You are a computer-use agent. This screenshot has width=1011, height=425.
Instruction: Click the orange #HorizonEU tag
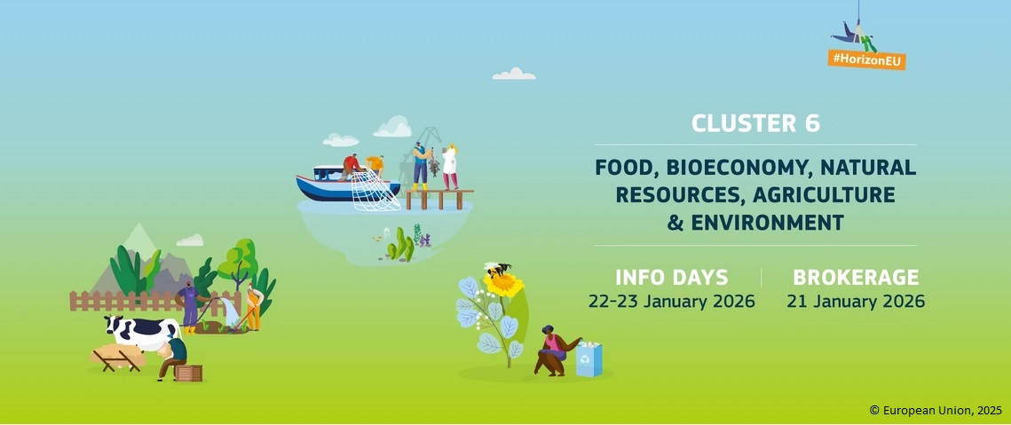866,59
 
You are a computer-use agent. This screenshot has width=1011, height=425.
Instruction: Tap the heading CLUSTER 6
755,123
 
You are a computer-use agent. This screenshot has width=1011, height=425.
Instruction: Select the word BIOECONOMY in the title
734,168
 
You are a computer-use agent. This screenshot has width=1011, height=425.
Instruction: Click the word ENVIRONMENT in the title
767,223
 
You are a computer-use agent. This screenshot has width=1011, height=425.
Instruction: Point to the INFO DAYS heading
671,278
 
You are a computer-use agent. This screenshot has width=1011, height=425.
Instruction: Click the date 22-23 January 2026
671,301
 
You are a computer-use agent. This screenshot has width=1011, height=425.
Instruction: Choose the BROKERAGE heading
856,278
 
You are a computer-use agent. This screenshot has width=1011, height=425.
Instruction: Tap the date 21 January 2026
856,301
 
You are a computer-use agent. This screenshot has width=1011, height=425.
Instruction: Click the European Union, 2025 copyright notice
936,410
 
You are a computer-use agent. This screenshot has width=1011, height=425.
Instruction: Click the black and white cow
143,332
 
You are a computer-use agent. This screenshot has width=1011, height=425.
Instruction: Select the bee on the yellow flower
498,270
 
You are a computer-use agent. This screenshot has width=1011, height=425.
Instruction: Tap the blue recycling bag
588,359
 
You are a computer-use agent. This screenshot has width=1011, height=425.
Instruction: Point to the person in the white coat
449,167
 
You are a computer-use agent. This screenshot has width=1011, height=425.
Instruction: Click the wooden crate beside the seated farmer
189,373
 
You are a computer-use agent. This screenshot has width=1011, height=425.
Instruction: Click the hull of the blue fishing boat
336,188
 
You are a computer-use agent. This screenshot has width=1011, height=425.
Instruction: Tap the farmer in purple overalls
190,306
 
